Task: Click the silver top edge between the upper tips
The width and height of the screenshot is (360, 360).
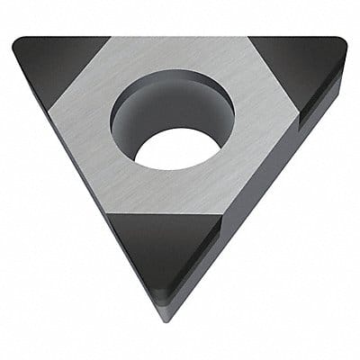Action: (x=180, y=38)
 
